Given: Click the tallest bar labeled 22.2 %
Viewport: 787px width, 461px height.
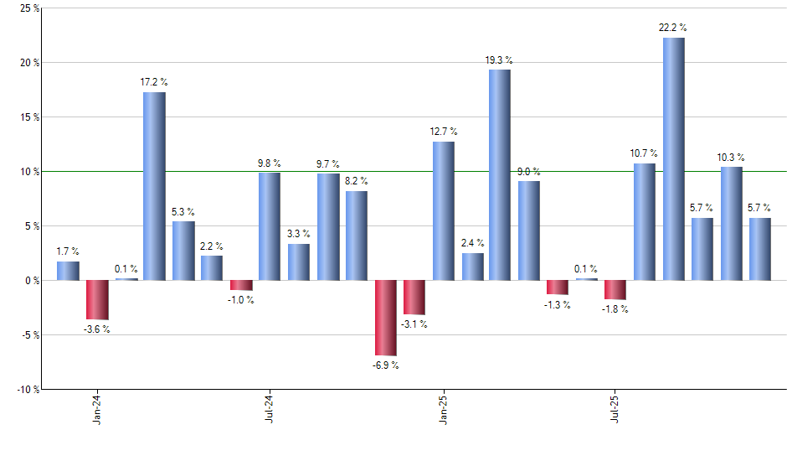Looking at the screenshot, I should coord(674,159).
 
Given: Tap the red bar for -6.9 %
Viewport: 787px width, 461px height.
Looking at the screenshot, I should coord(386,318).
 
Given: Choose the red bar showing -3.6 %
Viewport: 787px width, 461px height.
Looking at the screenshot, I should coord(97,299).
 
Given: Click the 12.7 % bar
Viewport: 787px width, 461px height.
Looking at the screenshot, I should coord(443,210).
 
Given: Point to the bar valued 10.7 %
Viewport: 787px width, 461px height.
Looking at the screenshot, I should coord(645,221).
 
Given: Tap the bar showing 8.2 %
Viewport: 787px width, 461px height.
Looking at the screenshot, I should coord(357,236).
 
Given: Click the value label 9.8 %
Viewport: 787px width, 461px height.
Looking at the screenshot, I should coord(270,163).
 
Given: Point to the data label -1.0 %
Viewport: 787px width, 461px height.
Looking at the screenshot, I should coord(241,300).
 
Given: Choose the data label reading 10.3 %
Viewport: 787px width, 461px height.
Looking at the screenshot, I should coord(731,158).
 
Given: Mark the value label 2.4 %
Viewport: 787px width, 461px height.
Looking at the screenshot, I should coord(472,244).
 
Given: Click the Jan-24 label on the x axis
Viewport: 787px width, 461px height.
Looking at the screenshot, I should coord(98,409).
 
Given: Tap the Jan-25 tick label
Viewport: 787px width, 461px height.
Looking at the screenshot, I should coord(444,409).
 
